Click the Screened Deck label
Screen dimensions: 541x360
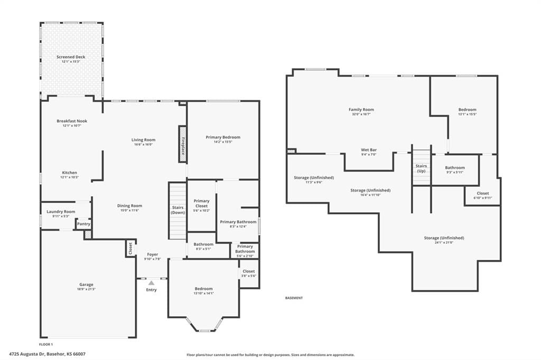pyautogui.click(x=71, y=57)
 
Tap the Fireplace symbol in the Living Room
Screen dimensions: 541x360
pyautogui.click(x=182, y=144)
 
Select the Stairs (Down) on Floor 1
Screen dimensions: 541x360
pyautogui.click(x=178, y=211)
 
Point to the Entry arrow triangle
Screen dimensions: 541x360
pyautogui.click(x=152, y=283)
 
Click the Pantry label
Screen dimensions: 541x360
pyautogui.click(x=83, y=224)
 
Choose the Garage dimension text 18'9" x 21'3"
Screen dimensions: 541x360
pyautogui.click(x=86, y=289)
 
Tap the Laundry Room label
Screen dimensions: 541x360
pyautogui.click(x=61, y=212)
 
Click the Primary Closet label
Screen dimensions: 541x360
pyautogui.click(x=201, y=203)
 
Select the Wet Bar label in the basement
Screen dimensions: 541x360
pyautogui.click(x=369, y=150)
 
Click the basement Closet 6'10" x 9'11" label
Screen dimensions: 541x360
pyautogui.click(x=483, y=193)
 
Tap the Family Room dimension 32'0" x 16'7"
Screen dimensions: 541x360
pyautogui.click(x=361, y=114)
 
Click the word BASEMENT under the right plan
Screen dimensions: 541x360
pyautogui.click(x=294, y=298)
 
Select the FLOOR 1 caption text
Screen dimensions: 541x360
pyautogui.click(x=46, y=344)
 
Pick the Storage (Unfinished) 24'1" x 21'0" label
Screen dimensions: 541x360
pyautogui.click(x=444, y=238)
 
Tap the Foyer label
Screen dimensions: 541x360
pyautogui.click(x=153, y=254)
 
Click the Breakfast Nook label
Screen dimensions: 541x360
pyautogui.click(x=72, y=121)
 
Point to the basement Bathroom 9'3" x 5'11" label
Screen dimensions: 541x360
pyautogui.click(x=455, y=167)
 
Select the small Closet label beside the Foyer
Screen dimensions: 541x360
pyautogui.click(x=130, y=248)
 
